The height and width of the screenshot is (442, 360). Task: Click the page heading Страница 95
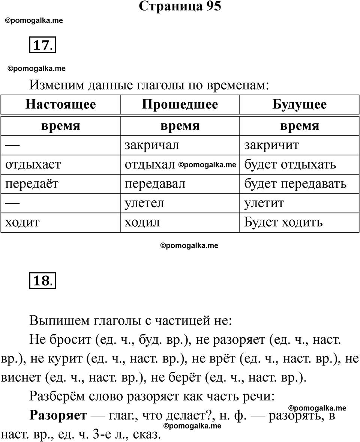[x=180, y=6]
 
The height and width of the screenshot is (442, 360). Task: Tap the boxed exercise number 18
[x=42, y=280]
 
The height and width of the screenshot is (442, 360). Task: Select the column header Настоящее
[x=60, y=104]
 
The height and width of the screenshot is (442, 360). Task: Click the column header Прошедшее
[x=180, y=104]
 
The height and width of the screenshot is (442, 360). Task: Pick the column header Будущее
[x=299, y=104]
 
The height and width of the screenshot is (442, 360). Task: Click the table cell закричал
[x=152, y=145]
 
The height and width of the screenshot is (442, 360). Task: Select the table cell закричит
[x=271, y=145]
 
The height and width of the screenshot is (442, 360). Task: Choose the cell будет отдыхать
[x=290, y=165]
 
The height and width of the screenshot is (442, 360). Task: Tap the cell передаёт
[x=31, y=184]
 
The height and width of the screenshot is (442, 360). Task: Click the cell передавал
[x=155, y=184]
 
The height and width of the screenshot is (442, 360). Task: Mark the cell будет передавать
[x=295, y=184]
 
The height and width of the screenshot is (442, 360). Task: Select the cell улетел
[x=144, y=203]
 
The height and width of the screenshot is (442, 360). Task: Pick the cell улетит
[x=264, y=203]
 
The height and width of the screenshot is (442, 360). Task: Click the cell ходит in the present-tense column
[x=22, y=223]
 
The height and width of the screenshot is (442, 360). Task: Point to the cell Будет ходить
[x=283, y=223]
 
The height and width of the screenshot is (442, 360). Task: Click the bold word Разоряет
[x=58, y=416]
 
